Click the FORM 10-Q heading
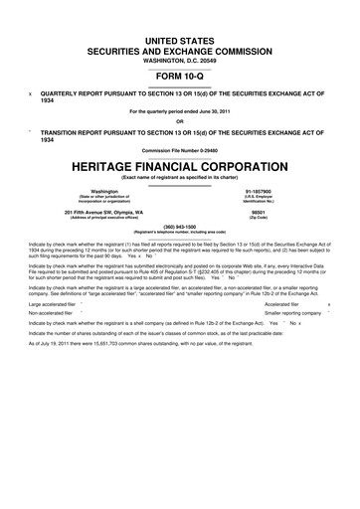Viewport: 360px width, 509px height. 180,73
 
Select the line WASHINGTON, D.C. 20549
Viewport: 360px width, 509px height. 180,52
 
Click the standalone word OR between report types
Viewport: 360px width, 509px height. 180,122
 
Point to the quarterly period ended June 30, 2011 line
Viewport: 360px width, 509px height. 180,110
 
